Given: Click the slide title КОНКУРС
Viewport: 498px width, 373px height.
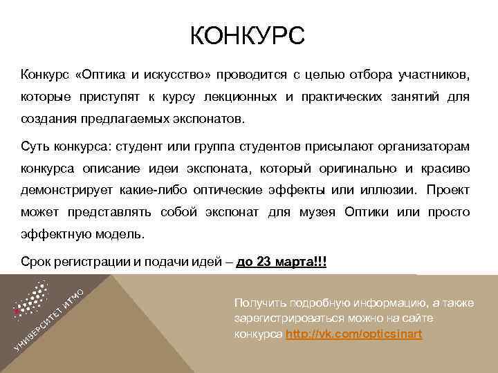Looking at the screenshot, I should coord(247,36).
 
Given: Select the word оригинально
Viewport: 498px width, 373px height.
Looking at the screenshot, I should coord(360,167).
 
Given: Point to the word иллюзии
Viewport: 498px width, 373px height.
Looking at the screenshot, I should coord(387,189).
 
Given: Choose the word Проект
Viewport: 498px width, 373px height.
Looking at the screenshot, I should coord(448,189).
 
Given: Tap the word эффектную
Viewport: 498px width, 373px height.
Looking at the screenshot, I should coord(53,233).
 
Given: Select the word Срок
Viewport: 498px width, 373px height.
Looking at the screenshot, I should coord(35,262).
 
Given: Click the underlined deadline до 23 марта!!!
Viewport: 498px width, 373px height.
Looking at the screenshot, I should coord(282,262).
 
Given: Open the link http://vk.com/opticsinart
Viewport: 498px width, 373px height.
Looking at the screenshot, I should coord(353,334).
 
